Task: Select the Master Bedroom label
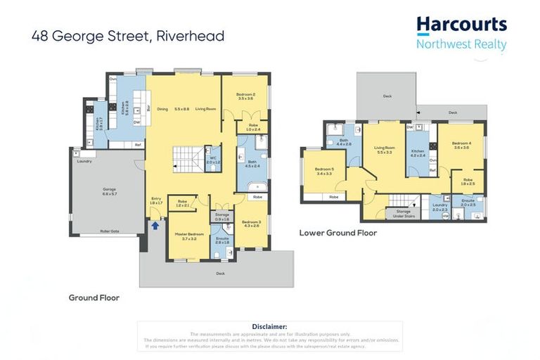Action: click(x=187, y=235)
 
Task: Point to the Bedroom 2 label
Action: click(x=245, y=96)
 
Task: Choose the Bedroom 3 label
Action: click(x=251, y=223)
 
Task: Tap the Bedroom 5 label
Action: click(x=323, y=171)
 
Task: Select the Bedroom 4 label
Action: click(x=461, y=145)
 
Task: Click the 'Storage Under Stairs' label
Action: click(x=403, y=214)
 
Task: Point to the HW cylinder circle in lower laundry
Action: click(x=445, y=217)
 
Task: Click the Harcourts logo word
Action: click(x=461, y=25)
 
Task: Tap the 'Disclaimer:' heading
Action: click(x=269, y=326)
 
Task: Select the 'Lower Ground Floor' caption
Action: click(x=337, y=233)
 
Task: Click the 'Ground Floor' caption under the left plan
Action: click(x=94, y=297)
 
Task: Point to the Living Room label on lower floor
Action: click(x=385, y=150)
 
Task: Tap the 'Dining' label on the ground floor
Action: click(x=162, y=109)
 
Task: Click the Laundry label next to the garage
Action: click(x=84, y=161)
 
